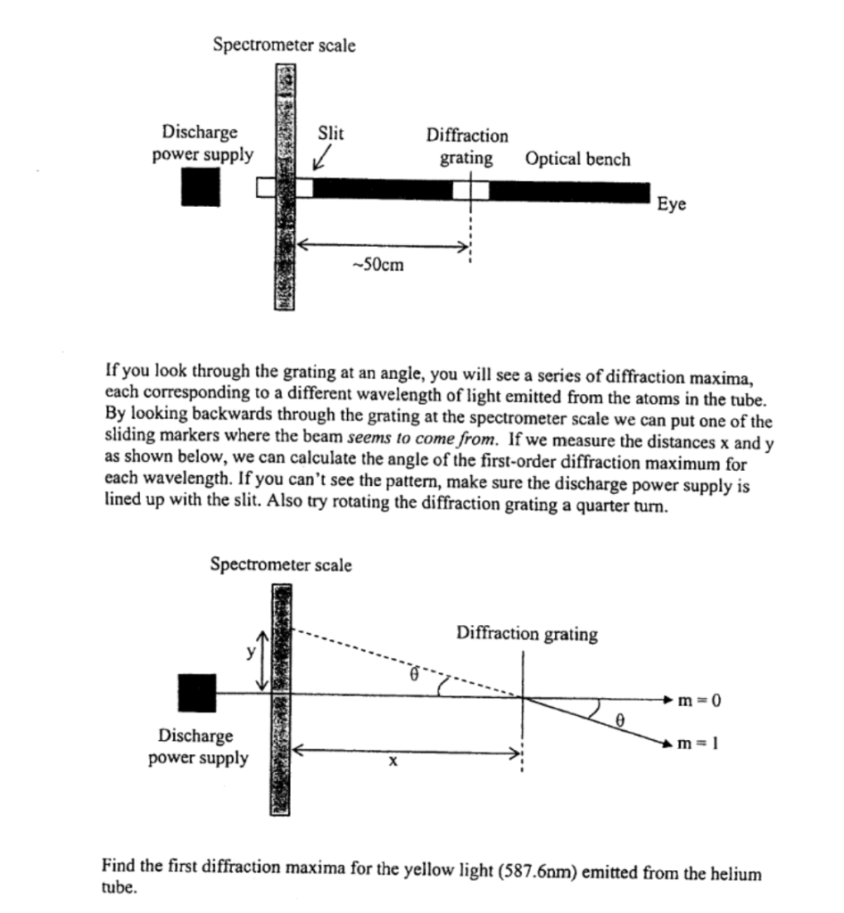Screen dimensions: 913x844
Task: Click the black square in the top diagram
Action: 200,187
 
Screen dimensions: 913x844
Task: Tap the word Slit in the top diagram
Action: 331,133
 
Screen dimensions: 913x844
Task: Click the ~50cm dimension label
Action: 378,265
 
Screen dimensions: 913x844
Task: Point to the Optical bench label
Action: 577,160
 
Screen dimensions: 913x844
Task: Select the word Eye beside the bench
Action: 671,204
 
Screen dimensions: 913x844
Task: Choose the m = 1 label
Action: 699,744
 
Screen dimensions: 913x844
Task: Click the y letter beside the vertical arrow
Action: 252,652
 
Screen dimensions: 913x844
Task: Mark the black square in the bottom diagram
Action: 197,693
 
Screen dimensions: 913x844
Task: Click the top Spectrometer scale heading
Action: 284,45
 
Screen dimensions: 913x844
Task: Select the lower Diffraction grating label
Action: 526,634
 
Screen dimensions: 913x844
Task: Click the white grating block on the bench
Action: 470,190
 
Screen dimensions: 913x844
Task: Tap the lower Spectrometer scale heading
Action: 281,564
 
